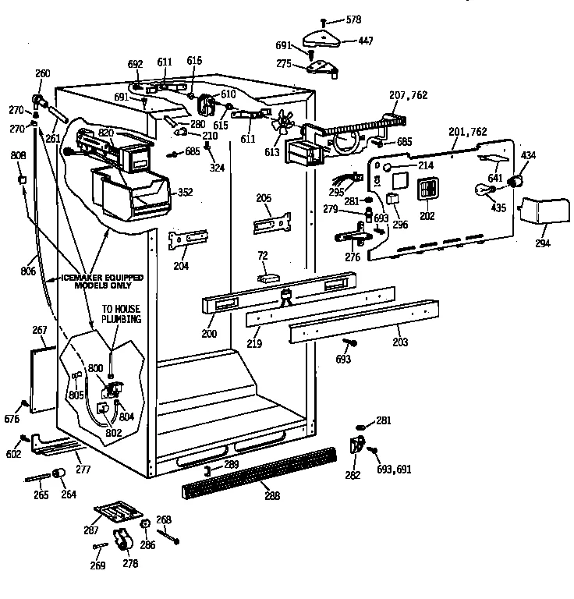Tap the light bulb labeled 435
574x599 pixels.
tap(482, 189)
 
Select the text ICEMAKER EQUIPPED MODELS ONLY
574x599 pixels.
tap(90, 282)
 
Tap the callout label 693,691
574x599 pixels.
tap(395, 470)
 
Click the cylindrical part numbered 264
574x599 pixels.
tap(58, 475)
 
